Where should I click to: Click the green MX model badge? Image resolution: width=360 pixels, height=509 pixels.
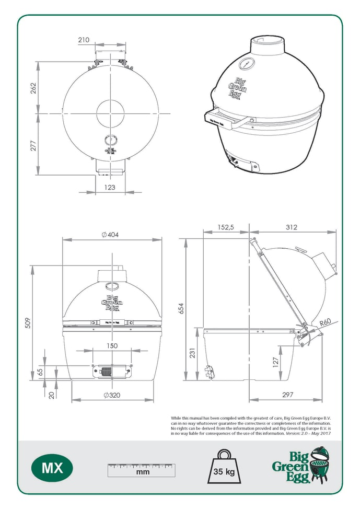click(52, 467)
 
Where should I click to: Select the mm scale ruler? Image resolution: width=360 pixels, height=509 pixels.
click(142, 469)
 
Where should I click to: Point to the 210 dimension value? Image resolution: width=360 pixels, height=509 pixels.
click(84, 40)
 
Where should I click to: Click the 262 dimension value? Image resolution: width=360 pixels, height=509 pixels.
click(33, 87)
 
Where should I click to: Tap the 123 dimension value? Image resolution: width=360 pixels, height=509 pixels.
click(109, 187)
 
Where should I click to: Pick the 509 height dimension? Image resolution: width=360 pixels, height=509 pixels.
click(28, 324)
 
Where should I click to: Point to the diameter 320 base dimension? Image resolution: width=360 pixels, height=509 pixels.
click(112, 395)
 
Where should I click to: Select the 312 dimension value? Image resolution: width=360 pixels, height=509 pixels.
click(292, 227)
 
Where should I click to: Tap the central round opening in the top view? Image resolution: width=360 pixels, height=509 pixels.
click(111, 112)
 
